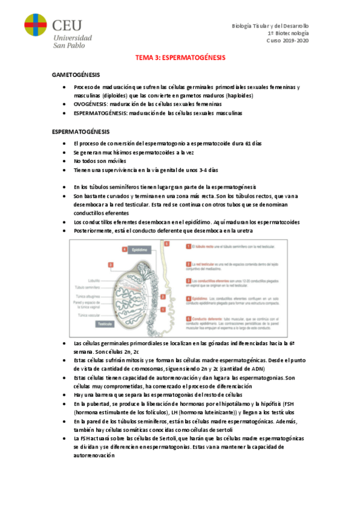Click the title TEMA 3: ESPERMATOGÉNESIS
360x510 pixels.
click(180, 58)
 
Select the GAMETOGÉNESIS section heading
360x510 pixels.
click(76, 75)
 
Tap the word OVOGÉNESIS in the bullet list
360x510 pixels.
click(90, 104)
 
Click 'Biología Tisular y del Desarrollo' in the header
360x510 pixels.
click(270, 26)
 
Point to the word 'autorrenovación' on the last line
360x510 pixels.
click(94, 456)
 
